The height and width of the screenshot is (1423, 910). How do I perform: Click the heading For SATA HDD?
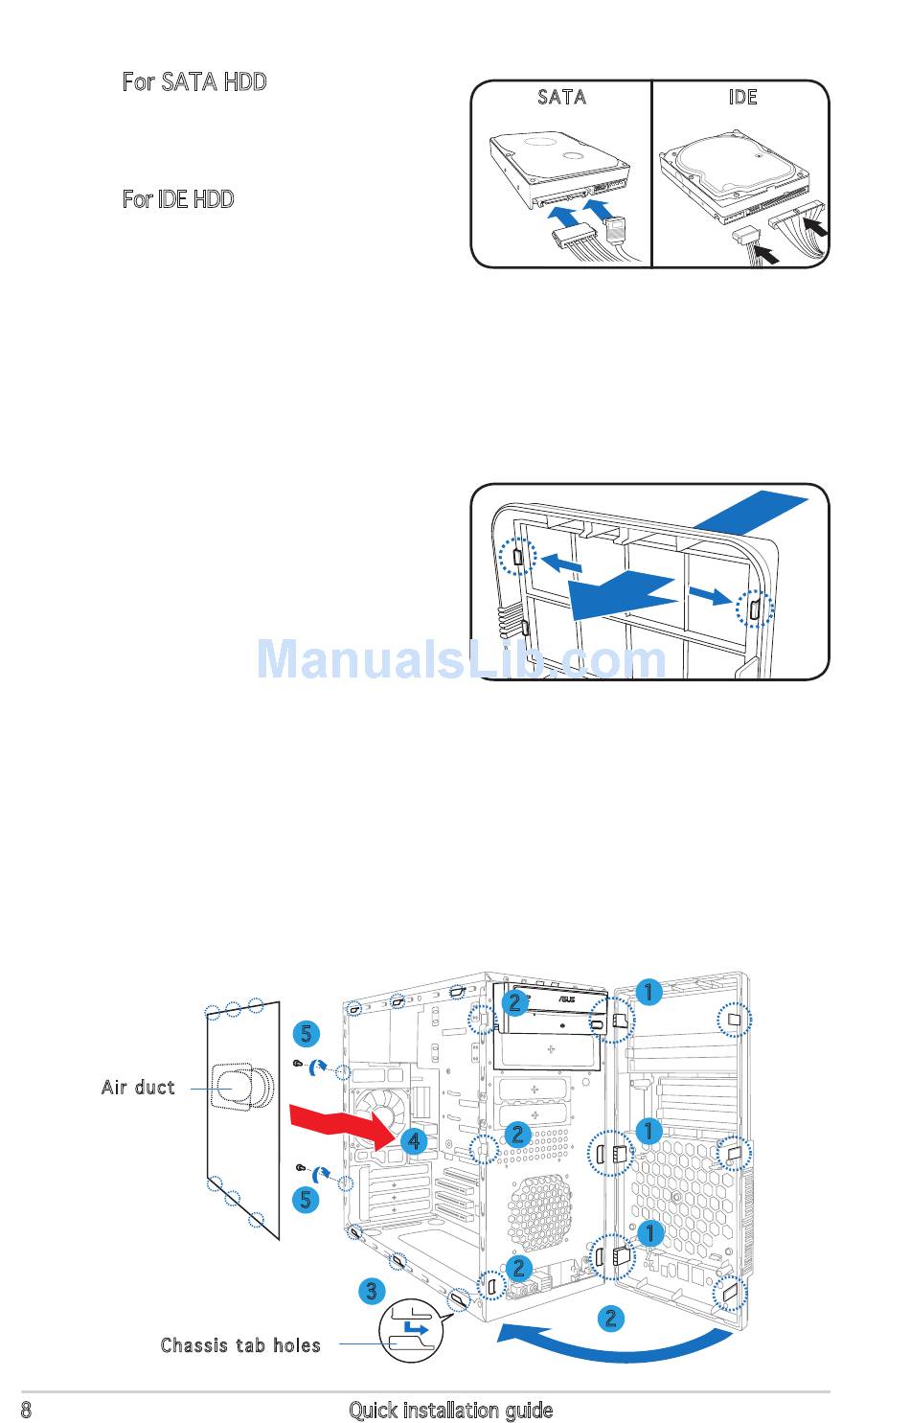click(194, 82)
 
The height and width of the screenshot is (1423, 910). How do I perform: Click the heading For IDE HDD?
click(178, 199)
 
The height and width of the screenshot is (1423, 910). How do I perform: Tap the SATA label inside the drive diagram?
click(561, 98)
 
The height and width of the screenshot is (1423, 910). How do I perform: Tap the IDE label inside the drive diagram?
click(742, 98)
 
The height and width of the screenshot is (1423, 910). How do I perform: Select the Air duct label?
click(139, 1088)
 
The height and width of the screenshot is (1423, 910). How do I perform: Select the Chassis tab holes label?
click(240, 1345)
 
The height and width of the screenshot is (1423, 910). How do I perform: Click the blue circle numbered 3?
click(372, 1291)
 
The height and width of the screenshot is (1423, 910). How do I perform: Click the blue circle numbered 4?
click(413, 1141)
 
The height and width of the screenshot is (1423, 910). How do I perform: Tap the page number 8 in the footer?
click(26, 1410)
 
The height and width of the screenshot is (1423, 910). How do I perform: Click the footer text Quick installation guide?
click(450, 1410)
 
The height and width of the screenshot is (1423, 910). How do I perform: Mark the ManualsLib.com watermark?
click(461, 659)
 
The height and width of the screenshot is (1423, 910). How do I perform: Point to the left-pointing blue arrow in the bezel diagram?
click(561, 565)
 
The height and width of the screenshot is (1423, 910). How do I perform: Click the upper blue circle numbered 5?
click(306, 1033)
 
